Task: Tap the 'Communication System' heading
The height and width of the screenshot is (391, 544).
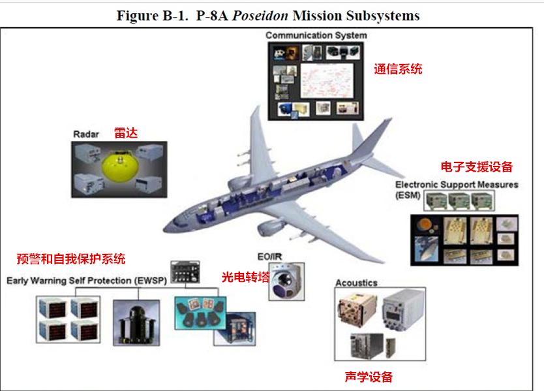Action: [x=316, y=35]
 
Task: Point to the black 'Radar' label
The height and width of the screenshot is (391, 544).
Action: [x=85, y=134]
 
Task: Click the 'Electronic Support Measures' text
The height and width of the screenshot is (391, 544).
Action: [x=456, y=185]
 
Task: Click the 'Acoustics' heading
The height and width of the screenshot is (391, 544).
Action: [x=356, y=283]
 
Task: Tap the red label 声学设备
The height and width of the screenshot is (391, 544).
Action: [x=369, y=377]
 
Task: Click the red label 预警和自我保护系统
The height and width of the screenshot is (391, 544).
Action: [x=70, y=258]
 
